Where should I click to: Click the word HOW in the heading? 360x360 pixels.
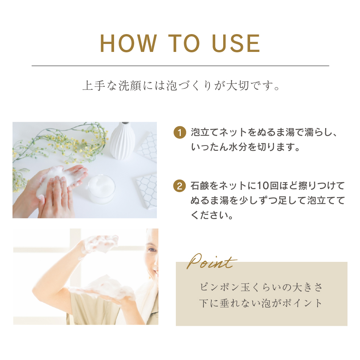coord(128,44)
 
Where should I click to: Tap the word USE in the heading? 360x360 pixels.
coord(236,44)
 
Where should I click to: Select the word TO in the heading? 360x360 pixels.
coord(184,44)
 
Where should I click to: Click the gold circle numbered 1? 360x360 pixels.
coord(180,133)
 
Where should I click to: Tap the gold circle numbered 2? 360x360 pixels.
coord(180,186)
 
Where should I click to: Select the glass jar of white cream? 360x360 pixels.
coord(102,189)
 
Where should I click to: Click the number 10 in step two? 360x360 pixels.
coord(263,186)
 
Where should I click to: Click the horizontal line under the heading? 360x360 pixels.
coord(180,66)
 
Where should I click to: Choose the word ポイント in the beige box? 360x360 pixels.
coord(302,303)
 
